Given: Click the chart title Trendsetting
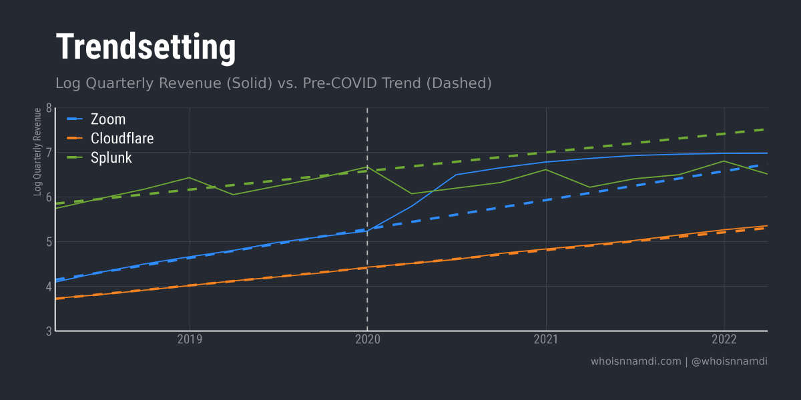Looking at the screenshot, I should click(146, 47).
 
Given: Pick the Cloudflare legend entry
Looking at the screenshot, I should click(122, 139).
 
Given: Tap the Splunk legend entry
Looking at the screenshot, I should click(111, 158).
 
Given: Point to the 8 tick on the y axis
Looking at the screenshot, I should click(48, 108).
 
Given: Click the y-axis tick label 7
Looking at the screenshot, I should click(48, 153).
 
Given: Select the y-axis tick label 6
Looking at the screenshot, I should click(48, 197).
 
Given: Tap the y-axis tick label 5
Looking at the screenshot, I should click(48, 242).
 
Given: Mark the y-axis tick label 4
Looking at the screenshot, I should click(48, 287).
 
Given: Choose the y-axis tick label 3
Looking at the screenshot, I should click(48, 331).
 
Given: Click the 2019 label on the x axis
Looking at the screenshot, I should click(190, 340).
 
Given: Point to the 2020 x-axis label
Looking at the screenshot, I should click(368, 340).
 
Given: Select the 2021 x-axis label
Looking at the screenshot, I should click(546, 340).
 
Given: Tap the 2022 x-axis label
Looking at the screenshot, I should click(724, 340).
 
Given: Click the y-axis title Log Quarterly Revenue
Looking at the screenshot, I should click(38, 152).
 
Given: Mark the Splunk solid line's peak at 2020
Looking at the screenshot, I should click(367, 167).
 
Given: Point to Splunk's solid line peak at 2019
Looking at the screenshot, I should click(190, 177).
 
